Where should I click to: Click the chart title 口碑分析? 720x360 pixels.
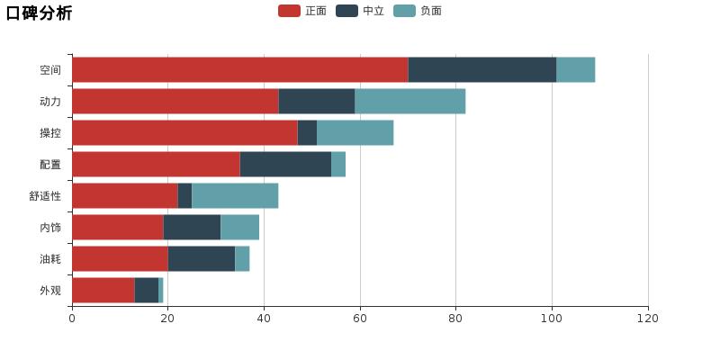coord(39,13)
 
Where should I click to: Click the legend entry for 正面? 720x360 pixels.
coord(303,11)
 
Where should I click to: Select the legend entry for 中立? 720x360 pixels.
coord(361,11)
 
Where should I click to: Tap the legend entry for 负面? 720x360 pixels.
coord(418,11)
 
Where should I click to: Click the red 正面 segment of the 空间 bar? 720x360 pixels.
coord(239,69)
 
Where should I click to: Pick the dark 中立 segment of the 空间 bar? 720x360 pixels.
coord(481,69)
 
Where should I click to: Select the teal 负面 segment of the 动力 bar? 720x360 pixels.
coord(409,101)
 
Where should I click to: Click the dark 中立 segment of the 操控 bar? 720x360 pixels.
coord(307,132)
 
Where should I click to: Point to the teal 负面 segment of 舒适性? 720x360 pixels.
coord(235,195)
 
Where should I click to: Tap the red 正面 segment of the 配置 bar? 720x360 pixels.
coord(156,164)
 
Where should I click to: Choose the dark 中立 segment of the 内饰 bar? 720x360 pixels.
coord(192,227)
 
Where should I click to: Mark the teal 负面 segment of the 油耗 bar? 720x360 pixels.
coord(242,258)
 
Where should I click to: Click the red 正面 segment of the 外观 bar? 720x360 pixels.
coord(103,290)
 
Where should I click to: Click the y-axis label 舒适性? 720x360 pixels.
coord(45,195)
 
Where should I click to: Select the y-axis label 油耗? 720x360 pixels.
coord(50,258)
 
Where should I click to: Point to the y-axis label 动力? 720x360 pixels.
coord(50,101)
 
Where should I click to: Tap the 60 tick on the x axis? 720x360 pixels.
coord(360,319)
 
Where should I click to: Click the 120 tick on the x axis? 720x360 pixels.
coord(648,319)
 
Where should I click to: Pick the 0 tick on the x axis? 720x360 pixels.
coord(72,319)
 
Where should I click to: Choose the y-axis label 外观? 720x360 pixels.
coord(50,290)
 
